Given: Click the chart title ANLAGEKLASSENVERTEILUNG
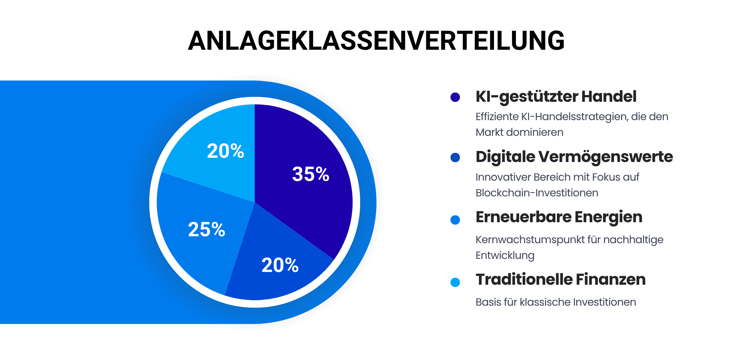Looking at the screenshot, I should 376,41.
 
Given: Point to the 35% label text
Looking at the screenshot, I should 310,174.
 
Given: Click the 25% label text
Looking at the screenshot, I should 206,229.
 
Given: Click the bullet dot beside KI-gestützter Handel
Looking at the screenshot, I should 455,97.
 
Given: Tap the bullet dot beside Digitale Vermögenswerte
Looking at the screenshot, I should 455,157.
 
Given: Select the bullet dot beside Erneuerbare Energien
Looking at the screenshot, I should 455,220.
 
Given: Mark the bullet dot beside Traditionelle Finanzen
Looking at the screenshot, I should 455,282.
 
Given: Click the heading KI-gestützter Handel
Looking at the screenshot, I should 556,97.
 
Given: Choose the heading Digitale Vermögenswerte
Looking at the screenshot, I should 574,157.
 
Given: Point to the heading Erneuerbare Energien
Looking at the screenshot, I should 559,217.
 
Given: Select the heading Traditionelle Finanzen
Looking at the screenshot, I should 560,279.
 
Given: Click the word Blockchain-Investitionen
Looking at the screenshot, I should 537,193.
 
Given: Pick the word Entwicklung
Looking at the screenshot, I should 505,255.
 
